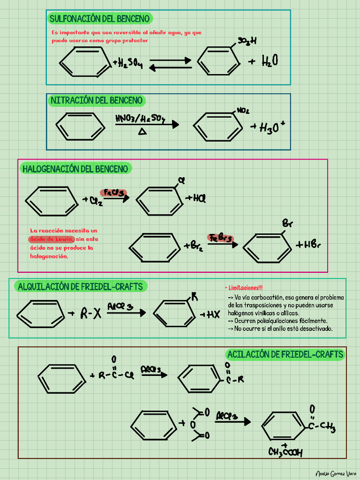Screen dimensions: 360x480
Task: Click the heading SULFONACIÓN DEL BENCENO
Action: [x=99, y=19]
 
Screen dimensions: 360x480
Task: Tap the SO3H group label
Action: [x=247, y=41]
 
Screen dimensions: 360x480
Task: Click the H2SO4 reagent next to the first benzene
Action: [x=128, y=63]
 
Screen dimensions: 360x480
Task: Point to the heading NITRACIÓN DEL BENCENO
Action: [x=96, y=101]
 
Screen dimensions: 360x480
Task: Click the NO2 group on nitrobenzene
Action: [x=243, y=110]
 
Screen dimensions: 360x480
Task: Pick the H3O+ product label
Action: [x=274, y=128]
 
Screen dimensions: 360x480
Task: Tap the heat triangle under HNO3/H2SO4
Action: [x=142, y=131]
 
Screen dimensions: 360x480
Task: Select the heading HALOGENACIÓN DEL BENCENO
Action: [x=76, y=169]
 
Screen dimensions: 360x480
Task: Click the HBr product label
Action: [x=308, y=245]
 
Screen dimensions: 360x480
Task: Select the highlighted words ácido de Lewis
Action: [x=52, y=239]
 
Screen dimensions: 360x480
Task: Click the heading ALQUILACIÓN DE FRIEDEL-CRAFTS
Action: [x=80, y=286]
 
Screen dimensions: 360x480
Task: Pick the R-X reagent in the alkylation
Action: [x=91, y=314]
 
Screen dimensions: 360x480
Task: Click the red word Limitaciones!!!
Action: [x=245, y=288]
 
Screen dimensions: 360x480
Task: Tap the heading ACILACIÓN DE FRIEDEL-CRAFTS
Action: [x=285, y=355]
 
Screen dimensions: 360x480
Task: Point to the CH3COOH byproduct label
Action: [x=286, y=452]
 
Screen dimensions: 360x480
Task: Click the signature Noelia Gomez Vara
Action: [x=336, y=472]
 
